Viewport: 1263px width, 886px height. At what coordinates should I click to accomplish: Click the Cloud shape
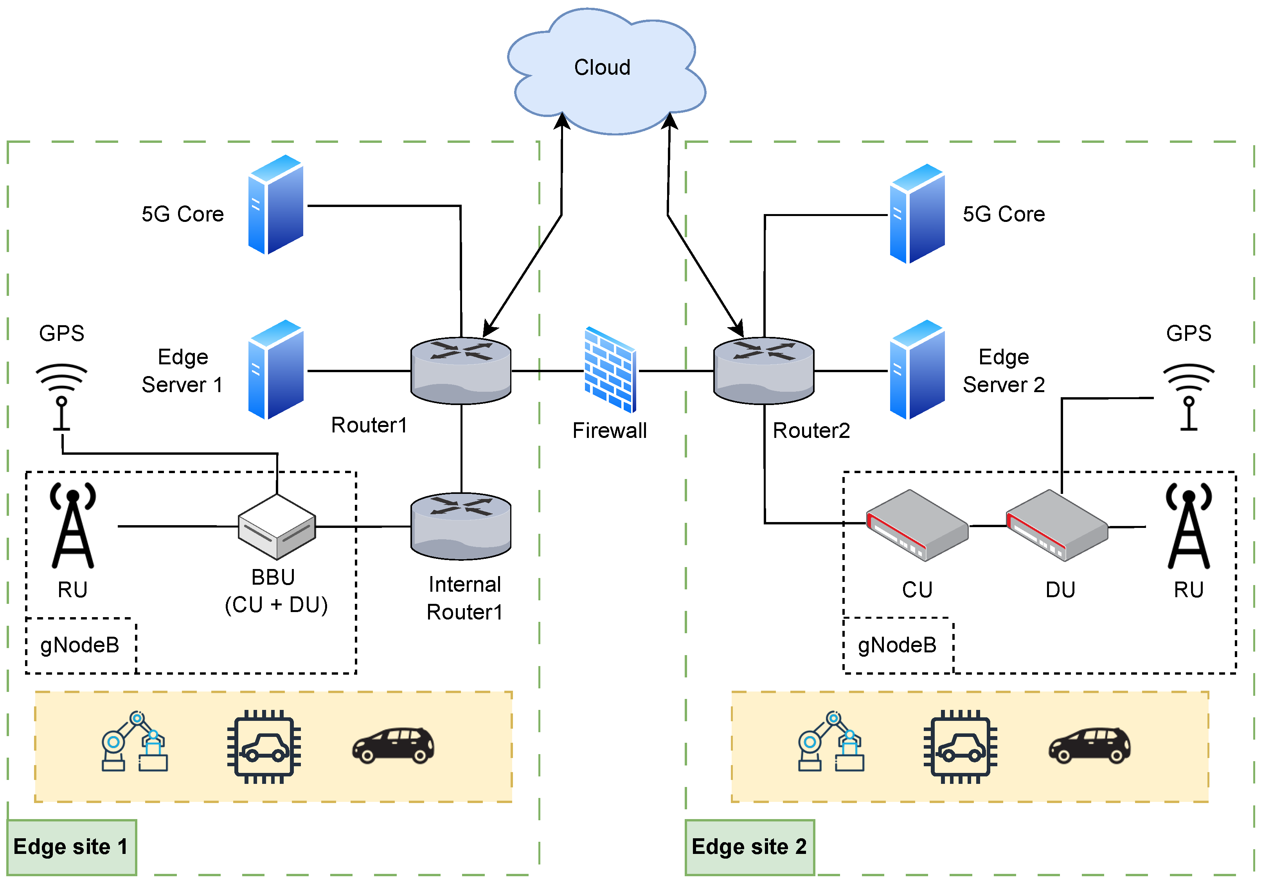605,72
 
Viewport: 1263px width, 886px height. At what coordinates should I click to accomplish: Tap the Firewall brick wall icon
610,369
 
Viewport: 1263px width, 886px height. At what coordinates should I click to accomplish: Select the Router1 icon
461,370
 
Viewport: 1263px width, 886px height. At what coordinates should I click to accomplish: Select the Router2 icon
763,370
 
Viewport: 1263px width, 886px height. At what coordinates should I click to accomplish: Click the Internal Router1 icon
461,526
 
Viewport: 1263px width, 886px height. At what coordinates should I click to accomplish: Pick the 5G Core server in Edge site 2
917,214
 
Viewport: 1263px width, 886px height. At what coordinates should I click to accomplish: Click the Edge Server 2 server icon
917,369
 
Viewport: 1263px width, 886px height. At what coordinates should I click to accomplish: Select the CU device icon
917,526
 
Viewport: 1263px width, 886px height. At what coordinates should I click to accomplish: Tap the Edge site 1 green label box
72,847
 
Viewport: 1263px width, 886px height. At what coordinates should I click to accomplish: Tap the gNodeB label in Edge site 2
897,645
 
